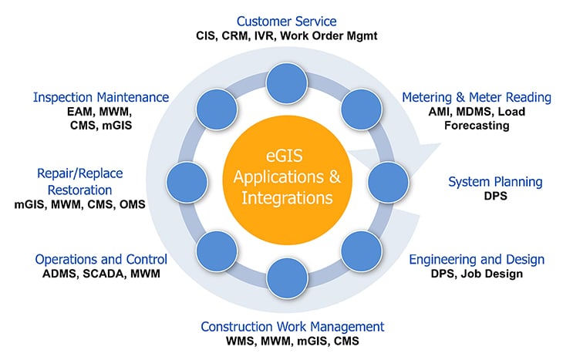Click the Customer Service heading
pyautogui.click(x=286, y=21)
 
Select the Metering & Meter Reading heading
pyautogui.click(x=477, y=97)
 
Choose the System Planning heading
pyautogui.click(x=495, y=183)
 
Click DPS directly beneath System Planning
pyautogui.click(x=495, y=197)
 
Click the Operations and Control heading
pyautogui.click(x=101, y=259)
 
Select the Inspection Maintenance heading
pyautogui.click(x=100, y=97)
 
